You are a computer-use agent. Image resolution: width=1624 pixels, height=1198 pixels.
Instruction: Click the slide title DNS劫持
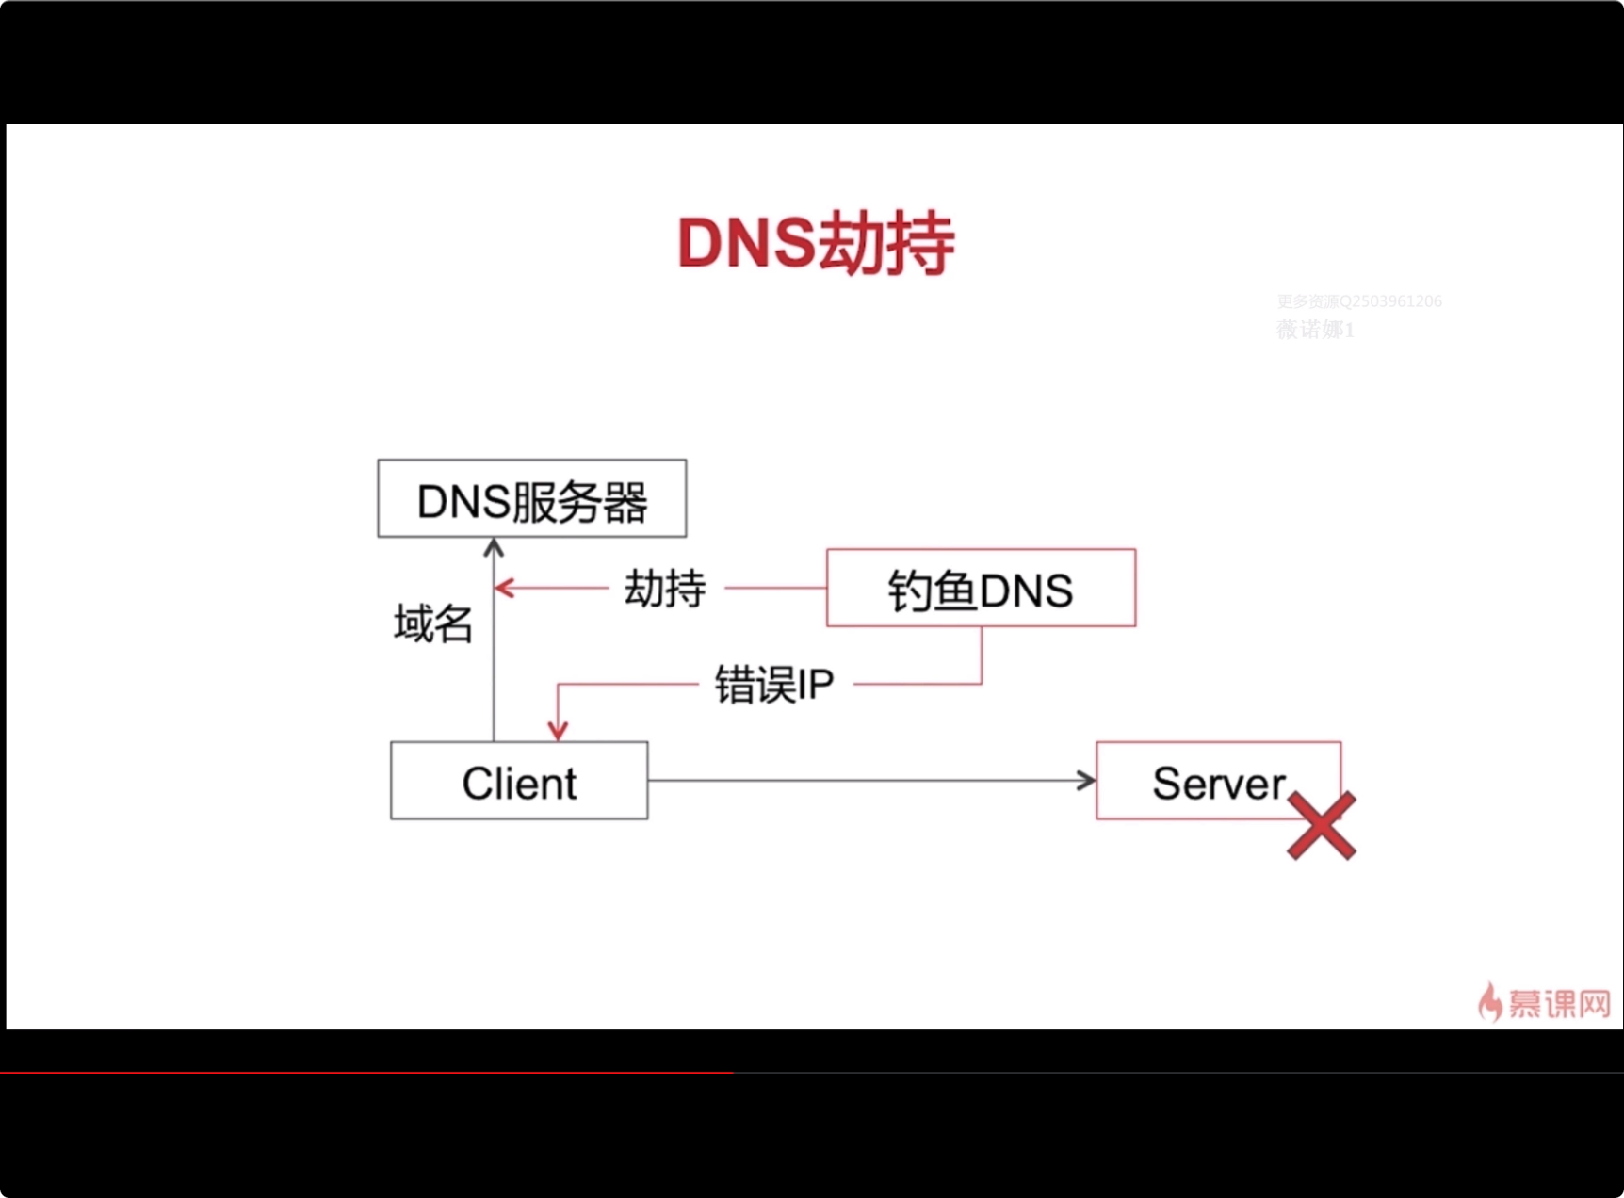[x=816, y=244]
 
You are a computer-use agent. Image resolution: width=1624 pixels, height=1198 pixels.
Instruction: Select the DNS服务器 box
[x=531, y=499]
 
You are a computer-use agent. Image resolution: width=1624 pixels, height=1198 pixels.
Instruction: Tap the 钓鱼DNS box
[x=981, y=589]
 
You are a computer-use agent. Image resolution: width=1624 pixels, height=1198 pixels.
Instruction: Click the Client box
[x=519, y=782]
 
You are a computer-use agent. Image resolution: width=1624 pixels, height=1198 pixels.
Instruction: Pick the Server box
[x=1217, y=781]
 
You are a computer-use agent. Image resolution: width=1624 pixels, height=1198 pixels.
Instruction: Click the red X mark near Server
[x=1322, y=826]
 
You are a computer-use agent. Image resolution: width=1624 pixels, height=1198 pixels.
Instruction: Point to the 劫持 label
[x=665, y=589]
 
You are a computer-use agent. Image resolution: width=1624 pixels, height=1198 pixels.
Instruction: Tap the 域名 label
[x=432, y=623]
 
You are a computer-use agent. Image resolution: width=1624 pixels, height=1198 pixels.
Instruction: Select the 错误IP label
[x=773, y=685]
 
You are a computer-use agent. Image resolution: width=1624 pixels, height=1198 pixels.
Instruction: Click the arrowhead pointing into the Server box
[x=1087, y=781]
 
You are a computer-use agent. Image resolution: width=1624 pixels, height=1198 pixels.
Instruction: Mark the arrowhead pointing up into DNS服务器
[x=494, y=547]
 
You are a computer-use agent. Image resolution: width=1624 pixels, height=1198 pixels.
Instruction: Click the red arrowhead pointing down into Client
[x=558, y=730]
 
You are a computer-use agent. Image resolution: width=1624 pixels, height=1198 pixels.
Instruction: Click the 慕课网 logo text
[x=1559, y=1003]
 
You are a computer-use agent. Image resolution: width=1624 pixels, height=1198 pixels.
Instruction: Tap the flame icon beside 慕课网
[x=1489, y=1002]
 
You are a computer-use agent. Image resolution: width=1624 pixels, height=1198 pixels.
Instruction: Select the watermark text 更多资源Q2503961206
[x=1358, y=301]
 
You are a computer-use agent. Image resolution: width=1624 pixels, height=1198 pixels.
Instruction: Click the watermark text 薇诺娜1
[x=1314, y=330]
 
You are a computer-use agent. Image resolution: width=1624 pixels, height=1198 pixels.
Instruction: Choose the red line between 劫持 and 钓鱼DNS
[x=775, y=589]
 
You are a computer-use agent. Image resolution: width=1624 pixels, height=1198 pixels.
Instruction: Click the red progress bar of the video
[x=366, y=1072]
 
